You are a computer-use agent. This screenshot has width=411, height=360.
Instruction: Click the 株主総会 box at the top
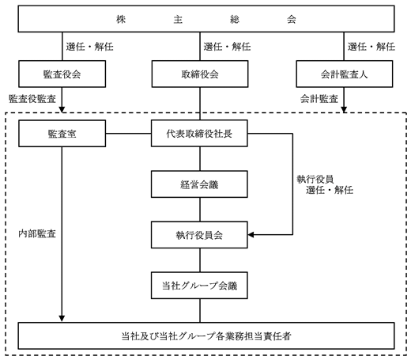pos(206,19)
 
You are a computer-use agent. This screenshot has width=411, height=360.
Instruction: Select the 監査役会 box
pos(62,74)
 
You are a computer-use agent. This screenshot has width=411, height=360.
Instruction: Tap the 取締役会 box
pos(200,74)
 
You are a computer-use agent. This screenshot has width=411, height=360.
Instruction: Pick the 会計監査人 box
pos(345,74)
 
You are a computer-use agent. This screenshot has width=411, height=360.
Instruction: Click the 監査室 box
pos(62,134)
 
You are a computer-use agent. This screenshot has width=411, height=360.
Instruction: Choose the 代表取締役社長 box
pos(199,134)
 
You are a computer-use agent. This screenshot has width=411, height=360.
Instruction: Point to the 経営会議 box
pos(199,184)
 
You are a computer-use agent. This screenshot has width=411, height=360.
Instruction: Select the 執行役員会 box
pos(199,235)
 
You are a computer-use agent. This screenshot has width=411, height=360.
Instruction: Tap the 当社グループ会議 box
pos(199,286)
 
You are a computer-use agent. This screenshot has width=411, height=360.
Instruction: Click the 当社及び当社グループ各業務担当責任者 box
pos(206,335)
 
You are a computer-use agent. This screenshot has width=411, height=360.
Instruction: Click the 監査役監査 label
pos(32,99)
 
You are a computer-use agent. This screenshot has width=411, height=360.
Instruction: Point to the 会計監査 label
pos(319,99)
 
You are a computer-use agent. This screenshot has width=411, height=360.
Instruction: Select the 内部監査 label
pos(37,233)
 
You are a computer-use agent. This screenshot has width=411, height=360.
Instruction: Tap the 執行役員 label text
pos(315,180)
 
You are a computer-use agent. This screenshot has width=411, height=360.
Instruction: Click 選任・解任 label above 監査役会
pos(89,47)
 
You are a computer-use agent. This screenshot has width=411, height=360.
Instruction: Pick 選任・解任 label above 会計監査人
pos(371,47)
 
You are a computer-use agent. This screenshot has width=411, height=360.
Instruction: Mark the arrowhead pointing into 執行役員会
pos(251,234)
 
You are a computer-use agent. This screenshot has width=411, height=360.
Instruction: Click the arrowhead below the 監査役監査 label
pos(62,109)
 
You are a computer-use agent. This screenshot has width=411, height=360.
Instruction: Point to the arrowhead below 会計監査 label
pos(344,109)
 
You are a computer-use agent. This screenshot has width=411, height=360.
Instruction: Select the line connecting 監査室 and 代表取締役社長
pos(129,134)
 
